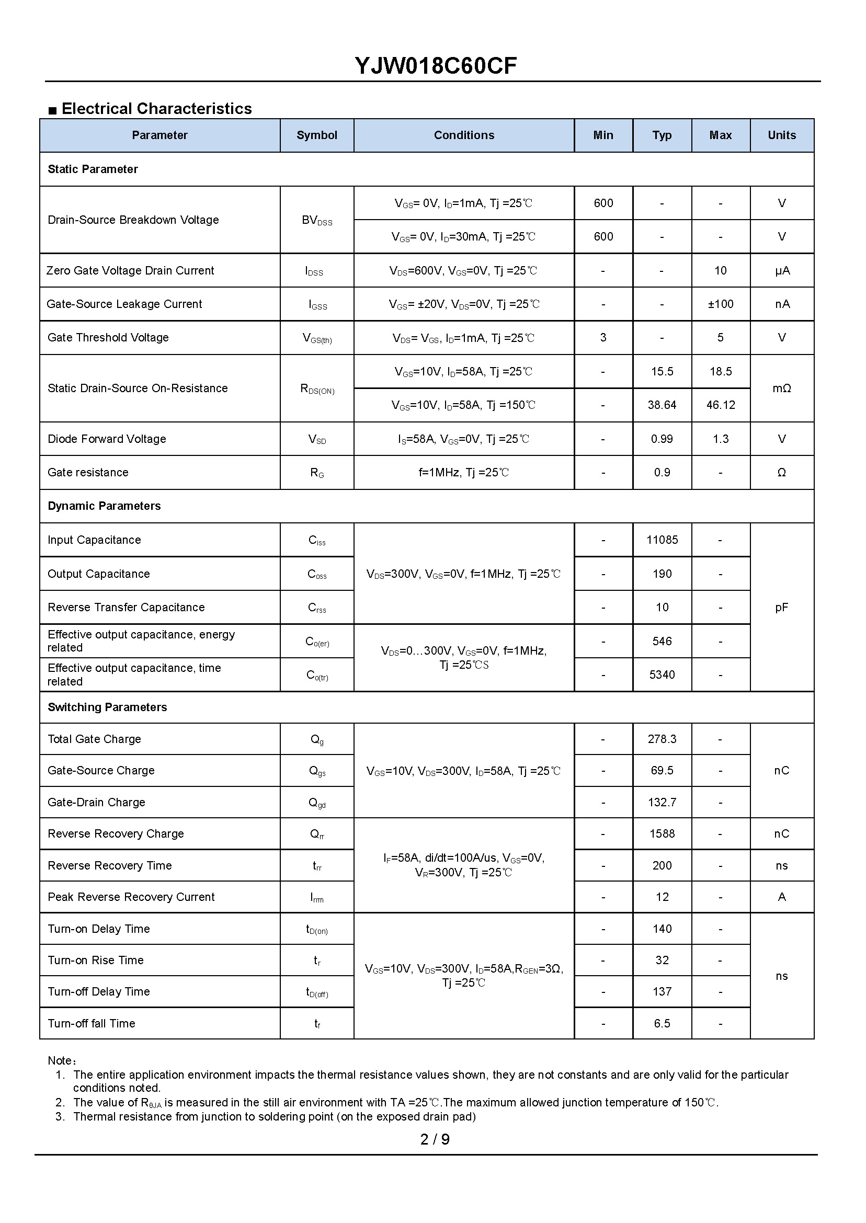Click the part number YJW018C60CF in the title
click(x=435, y=66)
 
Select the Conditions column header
click(x=463, y=135)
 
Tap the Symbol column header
click(x=317, y=135)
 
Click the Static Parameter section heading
click(x=93, y=169)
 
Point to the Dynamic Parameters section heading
click(x=104, y=506)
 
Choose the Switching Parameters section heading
click(x=107, y=707)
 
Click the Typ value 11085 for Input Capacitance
click(x=662, y=540)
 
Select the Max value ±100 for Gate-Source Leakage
click(x=720, y=304)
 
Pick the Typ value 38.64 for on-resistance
click(x=662, y=405)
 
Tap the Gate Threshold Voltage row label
click(x=108, y=337)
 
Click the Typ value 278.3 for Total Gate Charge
click(x=662, y=739)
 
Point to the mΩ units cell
click(x=781, y=388)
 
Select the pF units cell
click(x=781, y=607)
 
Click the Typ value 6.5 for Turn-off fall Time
click(x=662, y=1023)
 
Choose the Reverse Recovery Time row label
click(x=110, y=865)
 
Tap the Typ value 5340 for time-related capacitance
click(x=662, y=675)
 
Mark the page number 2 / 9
click(x=435, y=1139)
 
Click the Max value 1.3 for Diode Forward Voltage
click(x=720, y=439)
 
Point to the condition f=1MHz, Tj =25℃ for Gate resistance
click(x=463, y=472)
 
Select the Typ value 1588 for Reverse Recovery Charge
click(x=662, y=834)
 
